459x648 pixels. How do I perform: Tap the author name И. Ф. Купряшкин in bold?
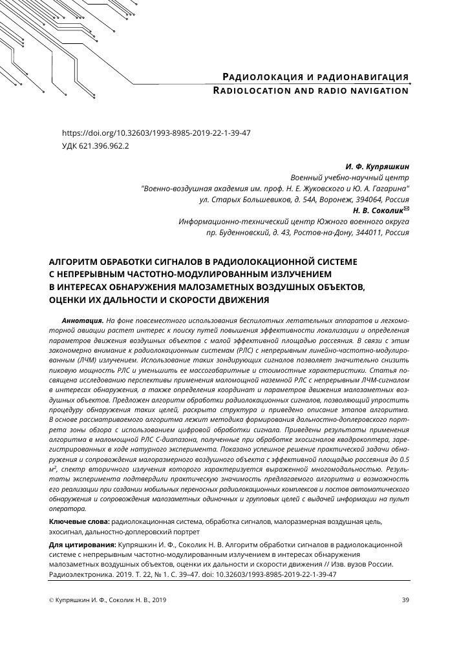pyautogui.click(x=374, y=166)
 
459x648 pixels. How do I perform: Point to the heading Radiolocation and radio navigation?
pyautogui.click(x=311, y=90)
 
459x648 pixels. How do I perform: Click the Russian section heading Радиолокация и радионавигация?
pyautogui.click(x=315, y=77)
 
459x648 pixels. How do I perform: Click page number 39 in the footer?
pyautogui.click(x=405, y=600)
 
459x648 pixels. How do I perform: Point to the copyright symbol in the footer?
pyautogui.click(x=52, y=600)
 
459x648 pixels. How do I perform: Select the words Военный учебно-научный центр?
pyautogui.click(x=350, y=177)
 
